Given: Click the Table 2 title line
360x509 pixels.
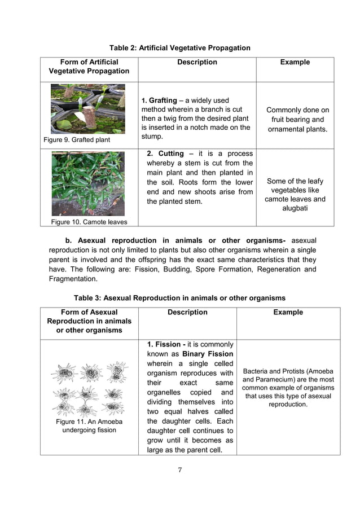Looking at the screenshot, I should (x=179, y=48).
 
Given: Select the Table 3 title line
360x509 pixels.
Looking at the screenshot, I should (x=179, y=298).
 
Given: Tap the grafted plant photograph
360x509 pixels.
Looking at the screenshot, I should (x=87, y=109).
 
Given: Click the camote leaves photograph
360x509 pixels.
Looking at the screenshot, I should (x=87, y=183).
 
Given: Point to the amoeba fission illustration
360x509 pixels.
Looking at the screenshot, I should (x=89, y=388).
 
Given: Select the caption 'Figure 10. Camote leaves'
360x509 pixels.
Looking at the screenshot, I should (x=89, y=222).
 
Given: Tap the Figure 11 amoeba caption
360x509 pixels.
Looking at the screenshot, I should (x=89, y=426).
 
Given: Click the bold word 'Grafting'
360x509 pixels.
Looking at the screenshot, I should (x=163, y=100).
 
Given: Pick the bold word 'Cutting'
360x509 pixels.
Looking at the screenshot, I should (x=171, y=153).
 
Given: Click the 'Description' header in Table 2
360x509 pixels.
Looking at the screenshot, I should (x=197, y=62).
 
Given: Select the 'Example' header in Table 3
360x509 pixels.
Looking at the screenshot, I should (x=288, y=312).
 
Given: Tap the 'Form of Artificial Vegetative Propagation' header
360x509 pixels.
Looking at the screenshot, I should (x=89, y=67).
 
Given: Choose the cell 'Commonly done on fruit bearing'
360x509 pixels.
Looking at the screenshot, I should (x=297, y=120).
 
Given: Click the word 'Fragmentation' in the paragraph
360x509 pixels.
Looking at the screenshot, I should (x=73, y=279).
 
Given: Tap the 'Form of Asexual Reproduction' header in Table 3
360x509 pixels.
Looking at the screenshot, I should (x=89, y=321).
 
